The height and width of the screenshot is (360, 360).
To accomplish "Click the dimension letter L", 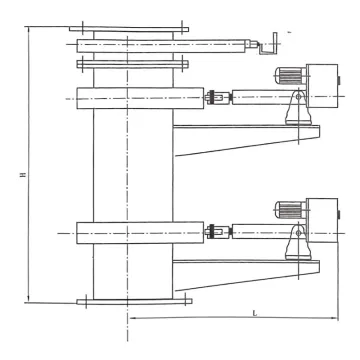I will point(256,313).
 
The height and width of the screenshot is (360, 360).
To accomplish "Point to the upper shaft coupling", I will point(212,98).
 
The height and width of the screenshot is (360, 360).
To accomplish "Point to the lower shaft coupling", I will point(212,234).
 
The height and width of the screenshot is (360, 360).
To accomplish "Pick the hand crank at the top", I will point(268,44).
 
